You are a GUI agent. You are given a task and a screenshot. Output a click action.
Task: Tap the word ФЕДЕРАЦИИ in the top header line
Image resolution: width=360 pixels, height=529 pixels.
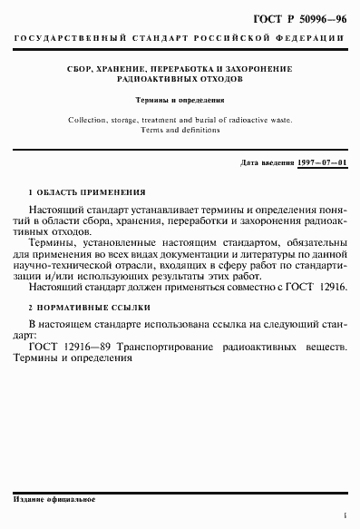click(x=311, y=39)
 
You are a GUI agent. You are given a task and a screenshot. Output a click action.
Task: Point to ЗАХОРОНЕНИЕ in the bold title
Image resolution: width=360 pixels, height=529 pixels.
click(x=255, y=68)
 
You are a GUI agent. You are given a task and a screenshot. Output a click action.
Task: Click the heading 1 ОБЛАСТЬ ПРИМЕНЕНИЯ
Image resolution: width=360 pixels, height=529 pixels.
click(x=87, y=192)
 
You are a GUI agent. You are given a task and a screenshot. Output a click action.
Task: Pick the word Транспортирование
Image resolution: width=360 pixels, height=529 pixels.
click(x=151, y=347)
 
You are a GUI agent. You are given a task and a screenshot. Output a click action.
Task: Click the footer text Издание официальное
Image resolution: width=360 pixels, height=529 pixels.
click(x=55, y=500)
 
